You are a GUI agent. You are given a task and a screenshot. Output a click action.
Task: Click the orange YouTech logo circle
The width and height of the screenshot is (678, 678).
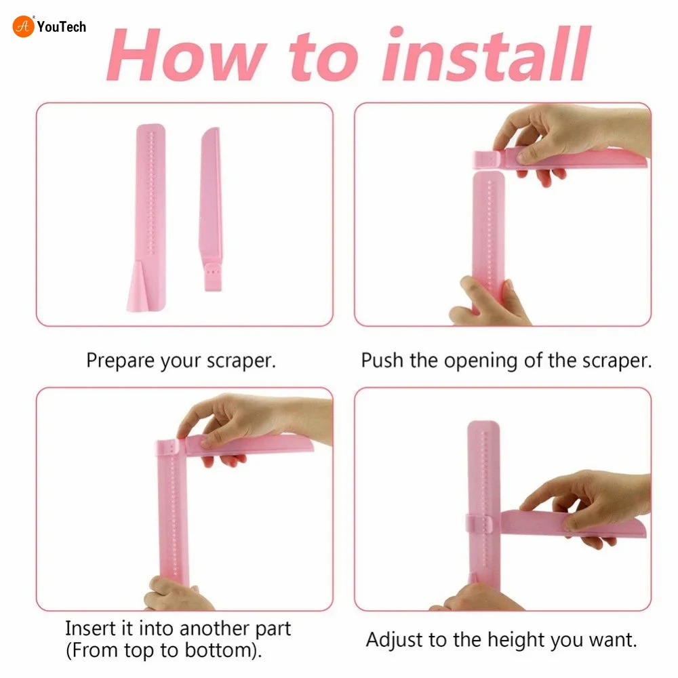23,26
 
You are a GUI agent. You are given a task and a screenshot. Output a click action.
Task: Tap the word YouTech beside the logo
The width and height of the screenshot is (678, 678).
62,27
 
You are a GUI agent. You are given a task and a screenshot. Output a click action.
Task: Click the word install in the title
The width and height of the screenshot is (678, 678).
486,54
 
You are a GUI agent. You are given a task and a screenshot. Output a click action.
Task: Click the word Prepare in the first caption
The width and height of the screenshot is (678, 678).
120,361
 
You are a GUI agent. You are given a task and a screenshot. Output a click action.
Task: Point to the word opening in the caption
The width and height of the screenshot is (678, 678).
481,361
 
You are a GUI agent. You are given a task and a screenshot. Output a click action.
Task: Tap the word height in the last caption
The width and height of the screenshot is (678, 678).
514,640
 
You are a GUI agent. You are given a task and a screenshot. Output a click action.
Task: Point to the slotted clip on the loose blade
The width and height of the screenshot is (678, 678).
213,275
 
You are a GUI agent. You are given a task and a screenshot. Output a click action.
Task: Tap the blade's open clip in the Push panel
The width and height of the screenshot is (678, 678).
487,159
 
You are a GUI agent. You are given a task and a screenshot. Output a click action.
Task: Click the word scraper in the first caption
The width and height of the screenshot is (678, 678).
241,361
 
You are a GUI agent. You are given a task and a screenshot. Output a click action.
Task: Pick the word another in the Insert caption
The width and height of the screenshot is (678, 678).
214,629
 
